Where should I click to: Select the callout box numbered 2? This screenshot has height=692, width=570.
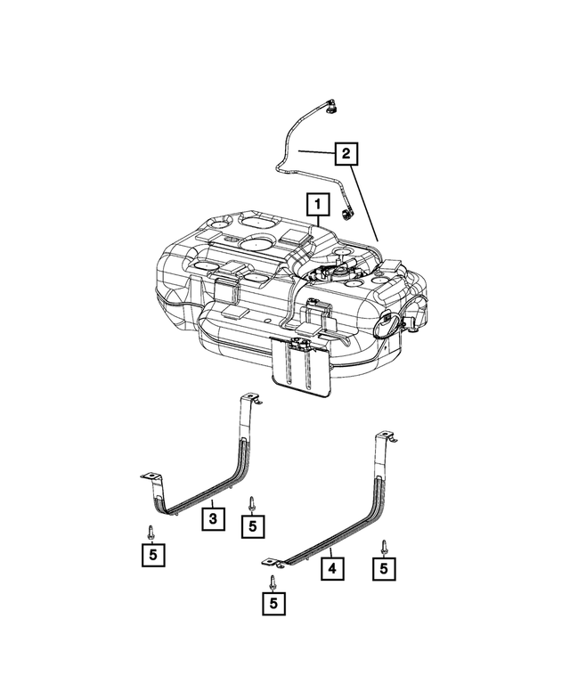(346, 154)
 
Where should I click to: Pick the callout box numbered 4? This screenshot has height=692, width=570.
(330, 567)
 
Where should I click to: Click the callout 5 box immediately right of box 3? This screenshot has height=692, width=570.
(253, 525)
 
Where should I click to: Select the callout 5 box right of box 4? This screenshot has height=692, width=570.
(385, 567)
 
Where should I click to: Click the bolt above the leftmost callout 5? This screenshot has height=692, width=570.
(151, 532)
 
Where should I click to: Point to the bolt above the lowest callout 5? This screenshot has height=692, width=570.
(272, 582)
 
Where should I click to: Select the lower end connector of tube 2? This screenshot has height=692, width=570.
(346, 214)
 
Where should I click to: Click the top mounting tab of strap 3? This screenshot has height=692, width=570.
(250, 399)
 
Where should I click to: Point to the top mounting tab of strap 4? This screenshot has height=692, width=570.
(386, 436)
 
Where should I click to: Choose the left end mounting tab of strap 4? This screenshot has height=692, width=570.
(269, 560)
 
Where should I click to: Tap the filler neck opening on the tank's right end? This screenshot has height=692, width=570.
(388, 325)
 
